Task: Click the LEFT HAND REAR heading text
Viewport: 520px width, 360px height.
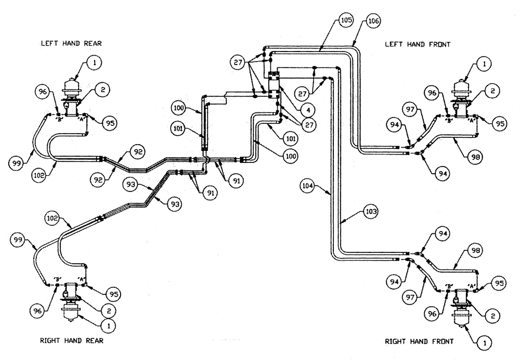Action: point(71,44)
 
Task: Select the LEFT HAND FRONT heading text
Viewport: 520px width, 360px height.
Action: point(417,45)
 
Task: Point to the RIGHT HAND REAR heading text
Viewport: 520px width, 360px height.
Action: point(72,341)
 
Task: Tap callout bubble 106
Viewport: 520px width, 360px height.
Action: point(373,20)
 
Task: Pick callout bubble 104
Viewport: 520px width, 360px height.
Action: point(308,184)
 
